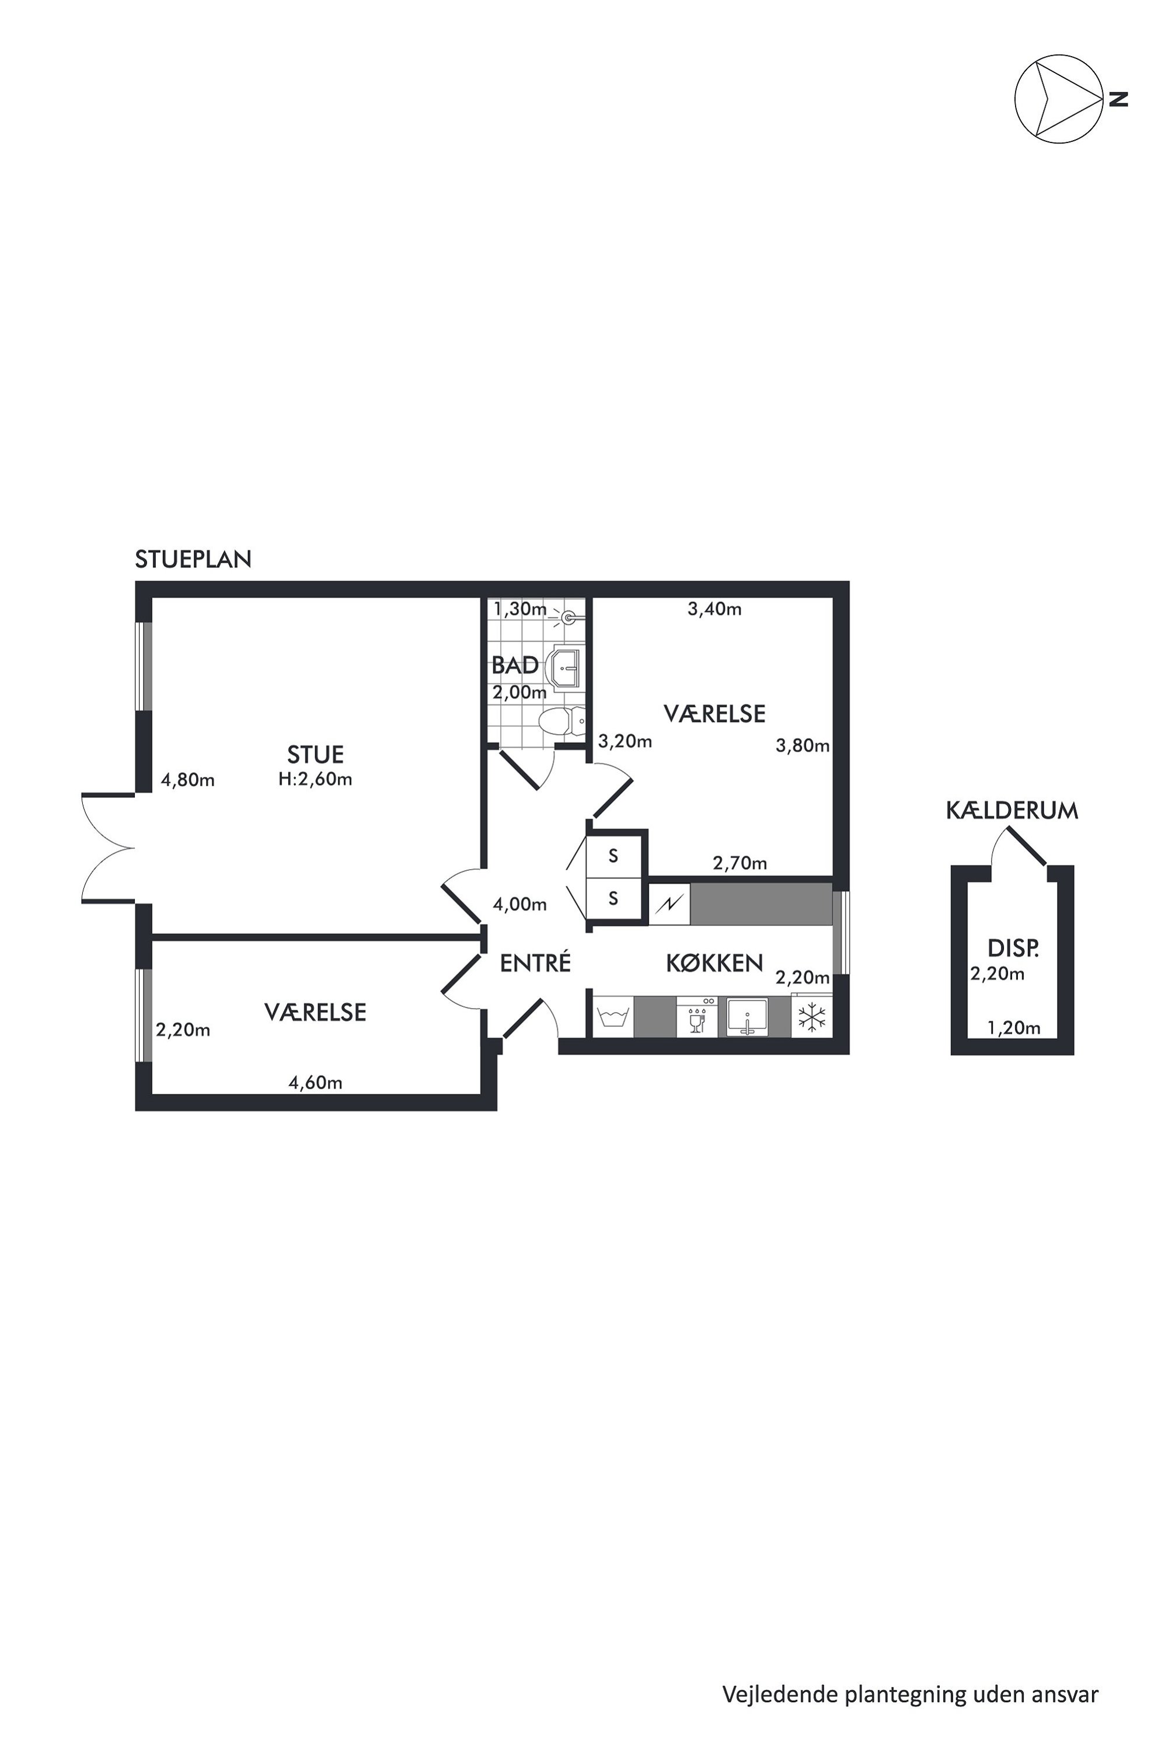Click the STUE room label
(315, 754)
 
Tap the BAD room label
(515, 665)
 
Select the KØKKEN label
(714, 963)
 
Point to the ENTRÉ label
(535, 962)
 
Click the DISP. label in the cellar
(1013, 948)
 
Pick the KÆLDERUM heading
(1011, 811)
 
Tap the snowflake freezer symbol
(812, 1018)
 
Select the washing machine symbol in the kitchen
(613, 1018)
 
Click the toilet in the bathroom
(562, 721)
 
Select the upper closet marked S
(613, 857)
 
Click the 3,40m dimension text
(714, 609)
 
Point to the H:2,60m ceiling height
(315, 779)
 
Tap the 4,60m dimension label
(315, 1083)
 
